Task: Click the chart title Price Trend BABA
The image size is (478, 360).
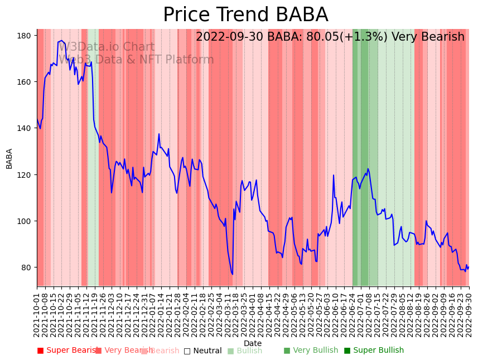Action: pos(245,15)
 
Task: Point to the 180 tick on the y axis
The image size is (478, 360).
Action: pos(23,36)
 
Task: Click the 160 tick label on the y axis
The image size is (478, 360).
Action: pos(23,82)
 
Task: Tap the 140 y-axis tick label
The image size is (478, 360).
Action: pos(23,128)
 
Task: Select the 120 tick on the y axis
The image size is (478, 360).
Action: pos(23,175)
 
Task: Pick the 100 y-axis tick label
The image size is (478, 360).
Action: pos(23,221)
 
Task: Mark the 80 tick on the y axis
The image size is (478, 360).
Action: pos(26,267)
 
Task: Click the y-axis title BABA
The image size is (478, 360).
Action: pos(9,158)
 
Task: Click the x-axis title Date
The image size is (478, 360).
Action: pos(253,343)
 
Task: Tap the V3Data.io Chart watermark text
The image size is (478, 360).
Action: pos(107,47)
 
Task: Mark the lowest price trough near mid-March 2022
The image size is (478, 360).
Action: pos(232,274)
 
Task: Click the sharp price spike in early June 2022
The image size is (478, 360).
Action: pos(334,176)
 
